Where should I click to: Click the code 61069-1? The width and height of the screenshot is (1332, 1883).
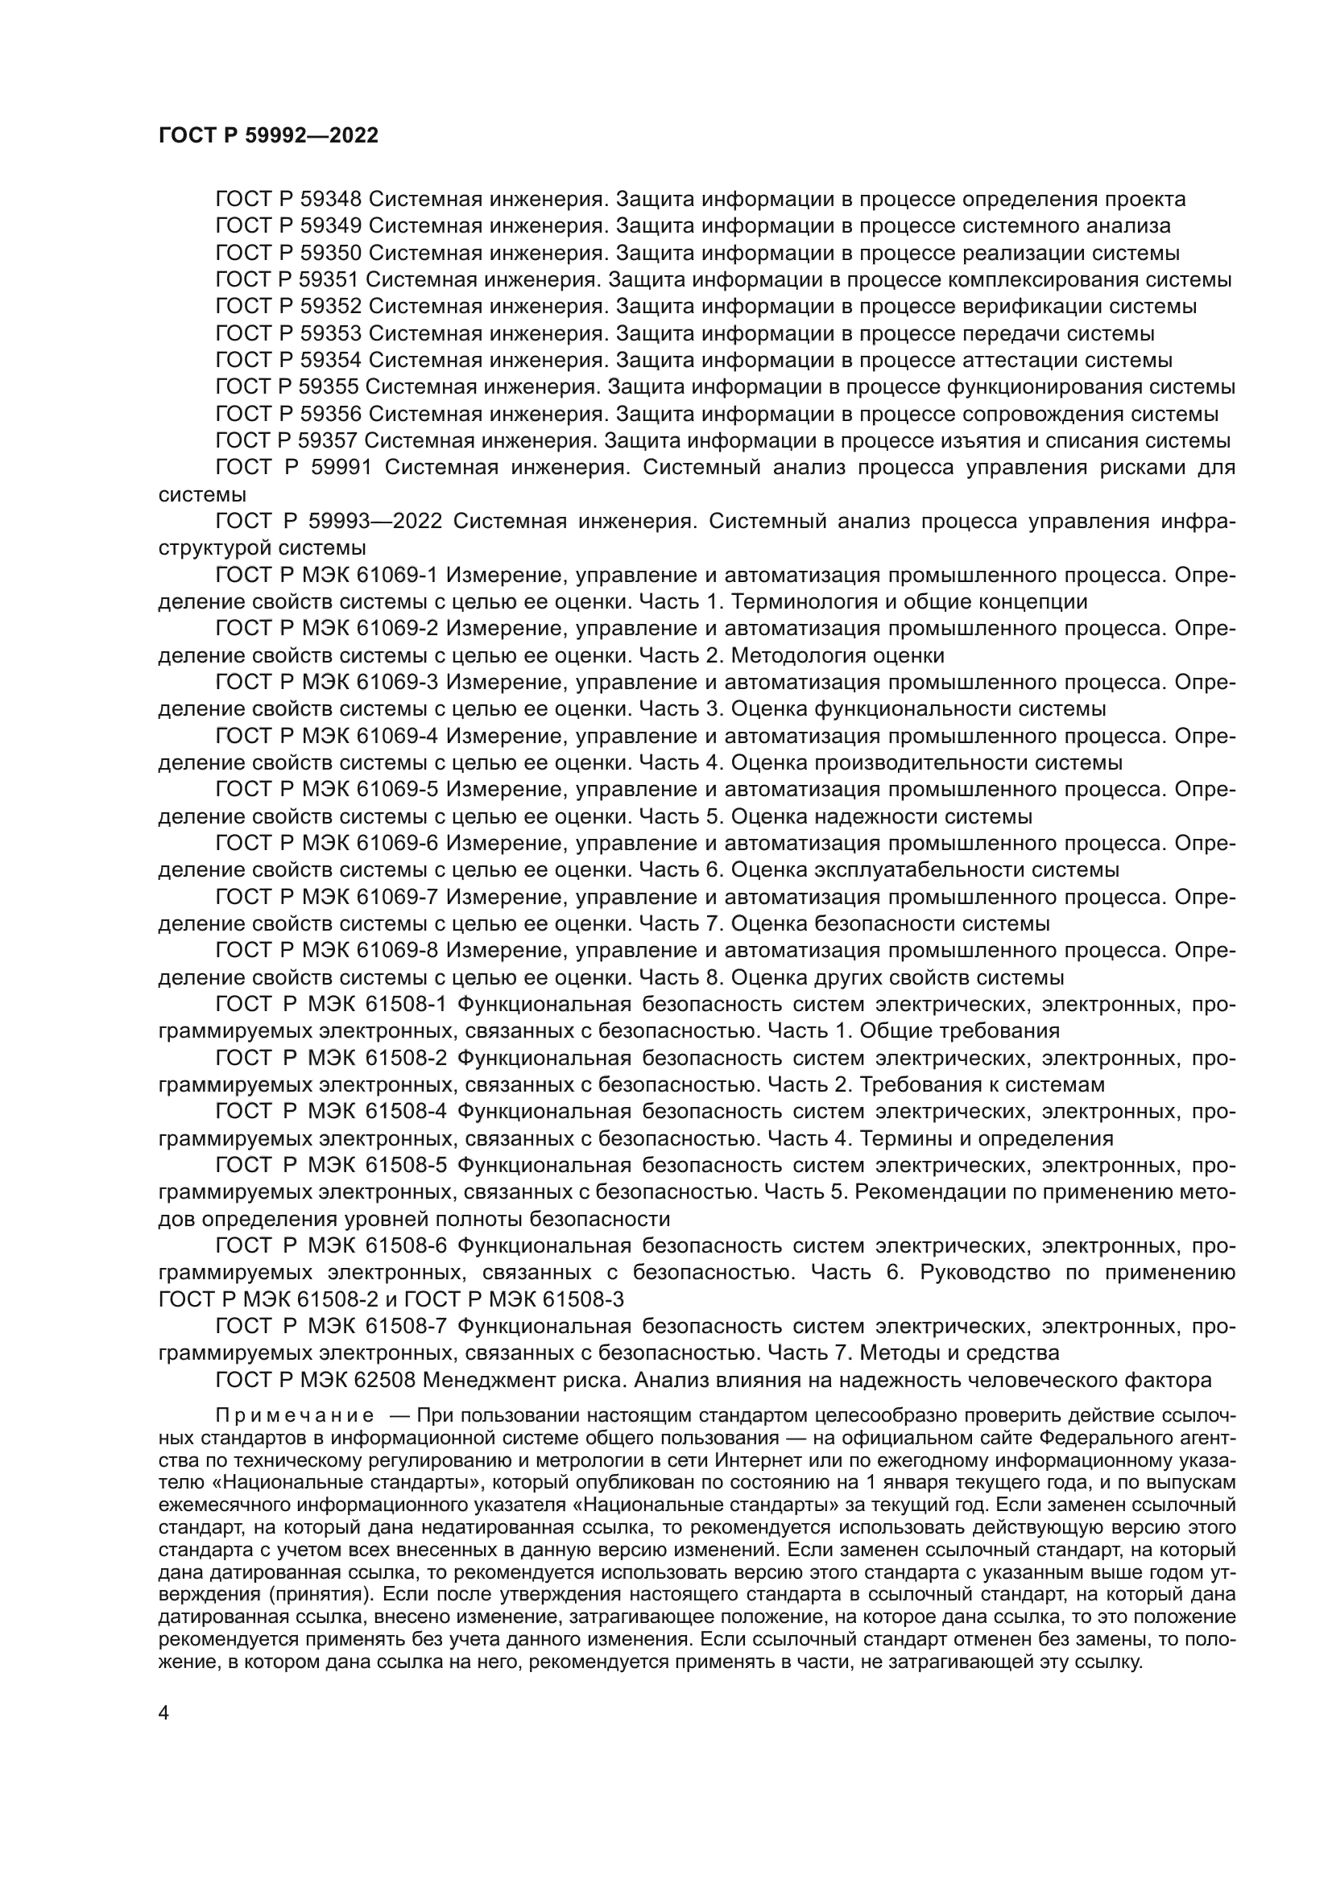click(x=400, y=575)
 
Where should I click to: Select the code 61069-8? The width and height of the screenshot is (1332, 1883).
click(x=400, y=951)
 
